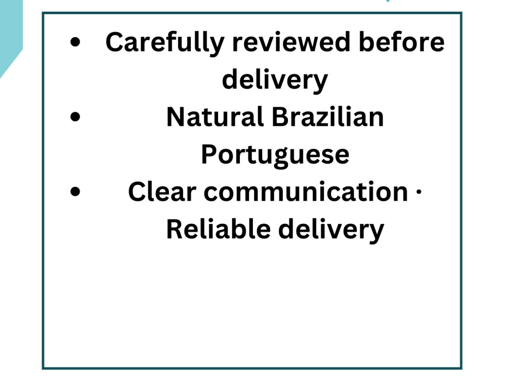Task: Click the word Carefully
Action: (165, 43)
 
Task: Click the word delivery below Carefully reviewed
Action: (275, 80)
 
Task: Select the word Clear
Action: (162, 192)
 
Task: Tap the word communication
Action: (306, 192)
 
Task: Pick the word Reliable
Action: (219, 229)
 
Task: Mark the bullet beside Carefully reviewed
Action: (75, 42)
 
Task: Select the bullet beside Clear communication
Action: (75, 191)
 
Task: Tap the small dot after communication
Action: (419, 192)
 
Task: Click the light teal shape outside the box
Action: (10, 32)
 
